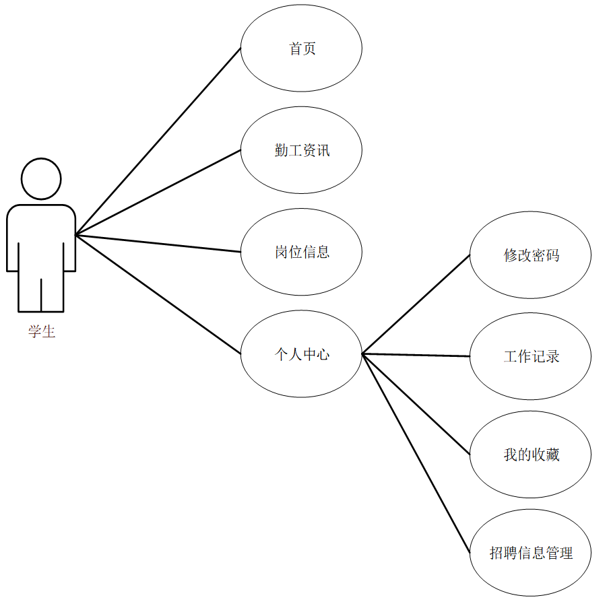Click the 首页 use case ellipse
[301, 48]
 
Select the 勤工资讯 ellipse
[301, 150]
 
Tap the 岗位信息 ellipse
[301, 252]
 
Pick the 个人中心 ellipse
[301, 353]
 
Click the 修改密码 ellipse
[530, 255]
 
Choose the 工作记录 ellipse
[530, 356]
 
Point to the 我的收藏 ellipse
[530, 454]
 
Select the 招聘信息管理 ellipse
[530, 553]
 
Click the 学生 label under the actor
[42, 331]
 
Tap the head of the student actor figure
[41, 179]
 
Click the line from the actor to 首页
[158, 141]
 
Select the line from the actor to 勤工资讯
[158, 192]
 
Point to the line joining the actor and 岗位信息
[158, 243]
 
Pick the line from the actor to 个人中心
[158, 294]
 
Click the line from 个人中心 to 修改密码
[416, 304]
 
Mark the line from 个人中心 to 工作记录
[416, 355]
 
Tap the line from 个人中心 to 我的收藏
[416, 404]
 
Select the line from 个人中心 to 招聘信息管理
[416, 453]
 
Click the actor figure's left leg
[30, 293]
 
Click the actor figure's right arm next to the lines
[69, 252]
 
